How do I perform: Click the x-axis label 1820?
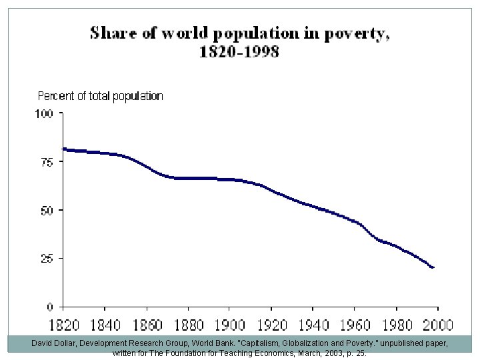[x=63, y=326]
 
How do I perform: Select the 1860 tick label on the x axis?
[x=145, y=326]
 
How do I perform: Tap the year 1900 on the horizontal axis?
[x=229, y=326]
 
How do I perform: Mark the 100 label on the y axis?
[x=43, y=114]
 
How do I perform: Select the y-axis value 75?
[x=46, y=162]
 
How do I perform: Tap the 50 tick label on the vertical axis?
[x=46, y=210]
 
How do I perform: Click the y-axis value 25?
[x=46, y=258]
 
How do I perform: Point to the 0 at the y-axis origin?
[x=50, y=307]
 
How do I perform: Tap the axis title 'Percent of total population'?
[x=100, y=96]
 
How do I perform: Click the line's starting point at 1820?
[x=63, y=149]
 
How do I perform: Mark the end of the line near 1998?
[x=433, y=267]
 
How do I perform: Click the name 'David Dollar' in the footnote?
[x=53, y=342]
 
